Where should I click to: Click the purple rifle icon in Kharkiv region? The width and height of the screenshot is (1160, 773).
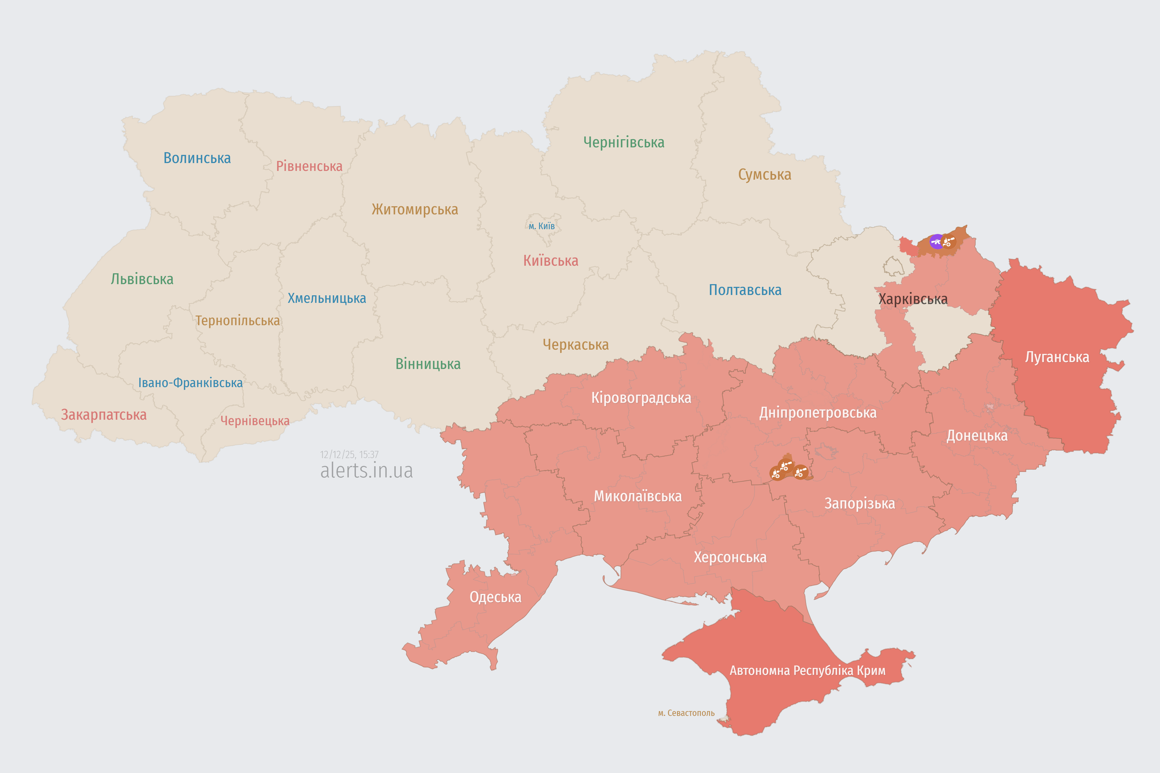(x=936, y=242)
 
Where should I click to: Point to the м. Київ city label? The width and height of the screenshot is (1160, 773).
(x=542, y=226)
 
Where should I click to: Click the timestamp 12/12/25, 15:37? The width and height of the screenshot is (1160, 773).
(x=349, y=454)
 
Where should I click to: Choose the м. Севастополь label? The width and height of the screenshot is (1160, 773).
(x=686, y=713)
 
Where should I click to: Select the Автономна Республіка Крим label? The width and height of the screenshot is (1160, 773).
(x=807, y=670)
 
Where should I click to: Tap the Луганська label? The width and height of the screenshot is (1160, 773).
(x=1057, y=357)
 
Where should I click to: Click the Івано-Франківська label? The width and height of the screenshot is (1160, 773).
(x=190, y=383)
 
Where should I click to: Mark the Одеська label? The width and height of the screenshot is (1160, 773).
(x=495, y=597)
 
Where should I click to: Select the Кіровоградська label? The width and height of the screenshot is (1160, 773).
(x=641, y=398)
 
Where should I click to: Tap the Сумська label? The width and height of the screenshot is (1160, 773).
(x=765, y=175)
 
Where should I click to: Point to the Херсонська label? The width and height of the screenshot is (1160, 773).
(x=730, y=557)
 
